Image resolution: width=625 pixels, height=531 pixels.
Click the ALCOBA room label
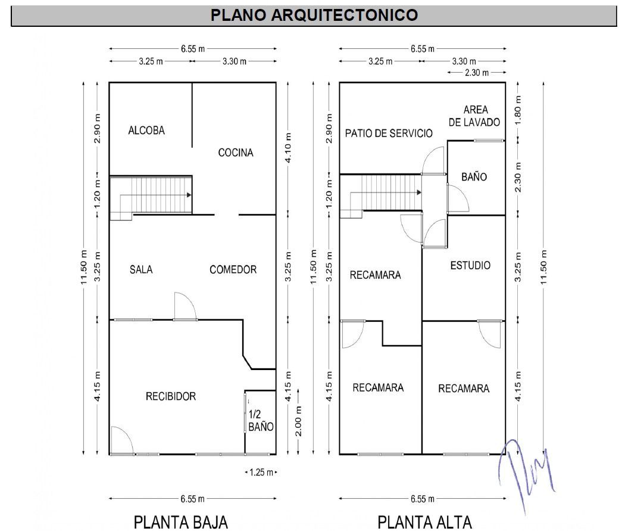coord(146,131)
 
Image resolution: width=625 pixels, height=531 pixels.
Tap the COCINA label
coord(236,153)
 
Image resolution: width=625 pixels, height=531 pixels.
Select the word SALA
coord(141,269)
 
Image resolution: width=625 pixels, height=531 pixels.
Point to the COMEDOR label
coord(233,269)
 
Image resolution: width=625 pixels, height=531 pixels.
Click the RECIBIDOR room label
coord(171,396)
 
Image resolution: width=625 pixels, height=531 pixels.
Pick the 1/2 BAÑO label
coord(261,421)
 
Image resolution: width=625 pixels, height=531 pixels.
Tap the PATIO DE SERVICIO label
coord(389,133)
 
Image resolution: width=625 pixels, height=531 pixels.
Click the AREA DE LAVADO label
coord(475,116)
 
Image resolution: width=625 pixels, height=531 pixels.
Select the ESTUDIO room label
coord(470,265)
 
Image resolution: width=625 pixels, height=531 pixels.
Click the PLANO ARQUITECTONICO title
coord(314,15)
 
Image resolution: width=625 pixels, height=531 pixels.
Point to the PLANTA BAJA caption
coord(181,522)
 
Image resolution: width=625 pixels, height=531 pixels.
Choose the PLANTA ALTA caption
coord(424,522)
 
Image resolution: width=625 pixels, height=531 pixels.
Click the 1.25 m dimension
coord(261,473)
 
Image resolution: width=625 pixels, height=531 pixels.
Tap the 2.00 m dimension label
coord(299,421)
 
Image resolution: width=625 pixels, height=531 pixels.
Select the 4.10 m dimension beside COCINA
coord(287,148)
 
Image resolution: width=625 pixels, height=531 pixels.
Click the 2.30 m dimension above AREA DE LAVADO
coord(476,73)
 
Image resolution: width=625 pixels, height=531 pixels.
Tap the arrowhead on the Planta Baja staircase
coord(189,195)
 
